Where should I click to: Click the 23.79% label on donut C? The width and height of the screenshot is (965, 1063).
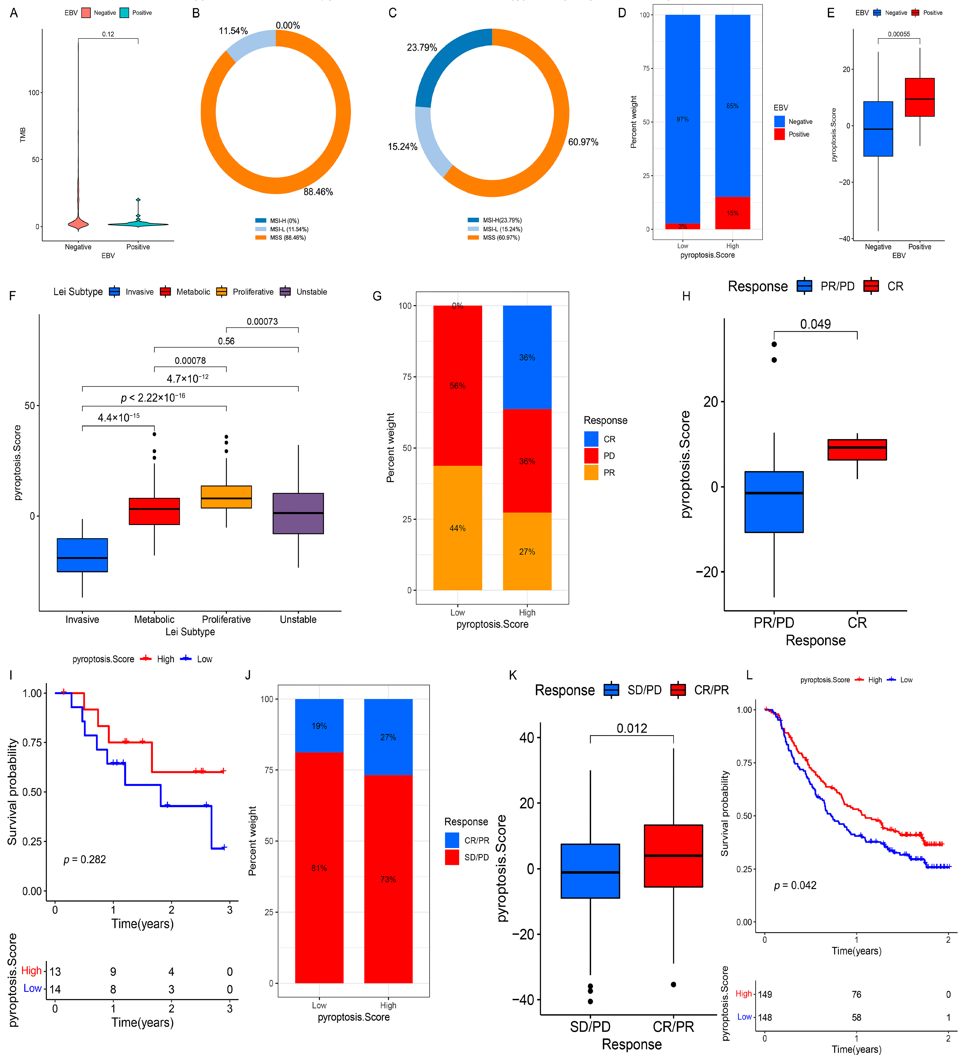tap(422, 48)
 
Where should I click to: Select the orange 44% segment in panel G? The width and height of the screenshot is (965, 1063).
tap(457, 528)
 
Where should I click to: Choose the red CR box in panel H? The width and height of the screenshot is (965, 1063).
tap(857, 449)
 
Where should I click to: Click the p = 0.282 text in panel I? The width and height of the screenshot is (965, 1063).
tap(85, 859)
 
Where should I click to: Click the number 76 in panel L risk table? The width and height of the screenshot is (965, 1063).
tap(857, 994)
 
